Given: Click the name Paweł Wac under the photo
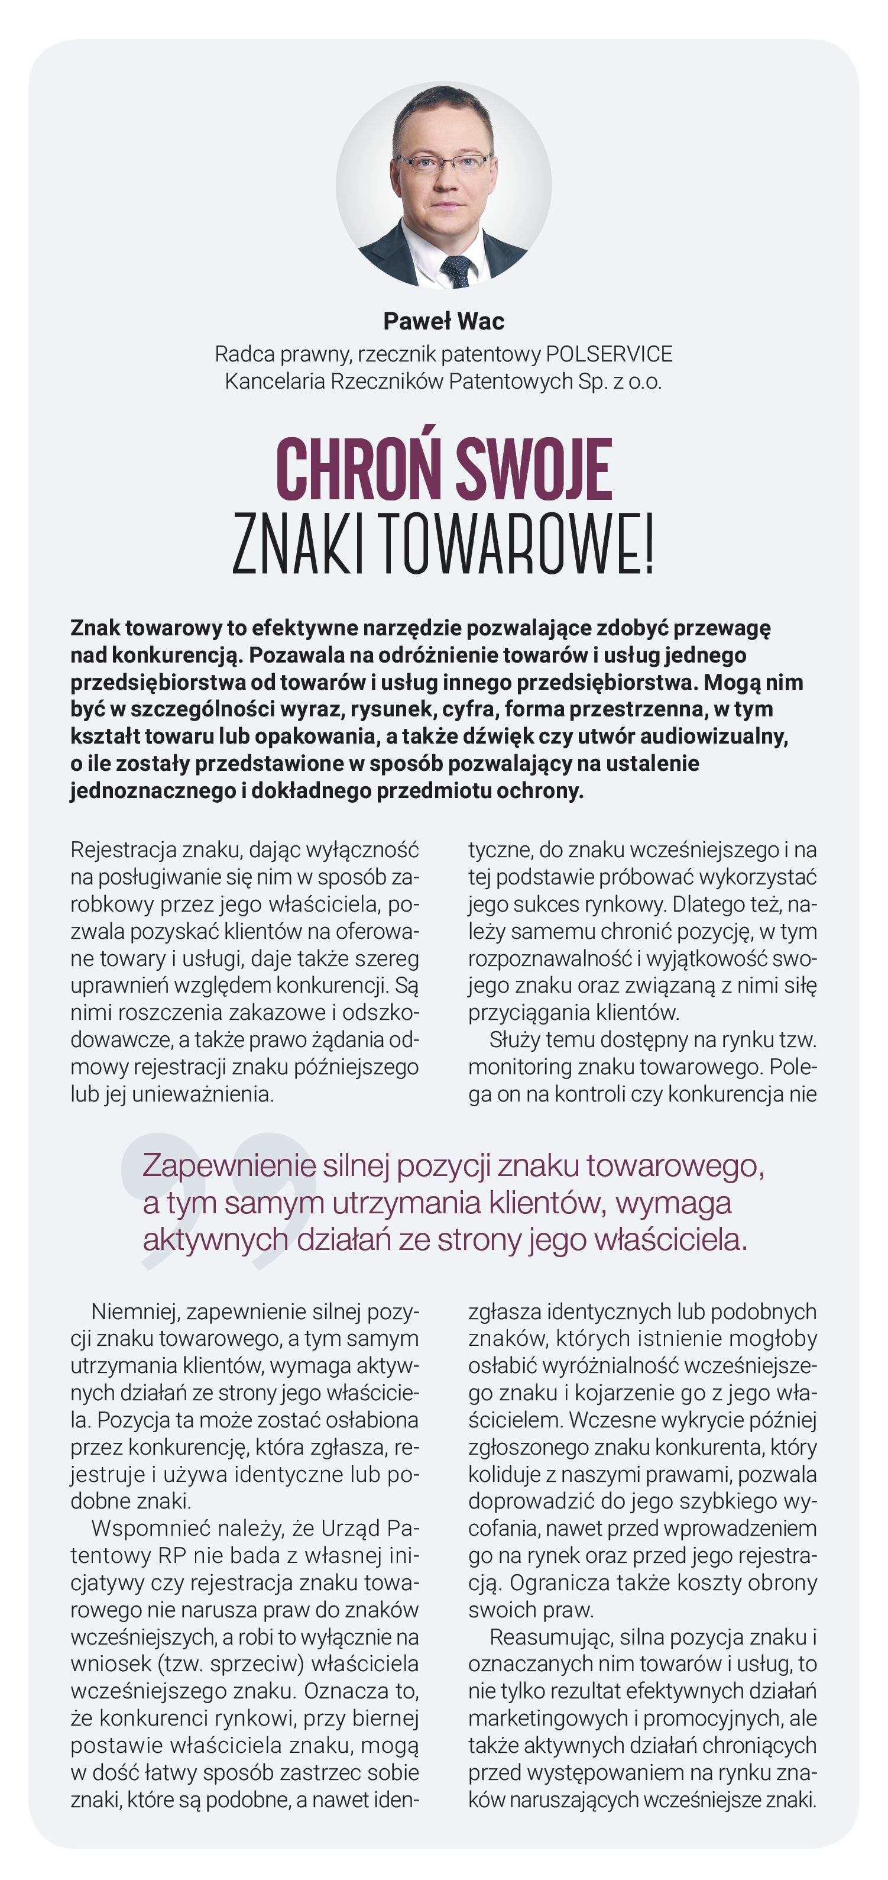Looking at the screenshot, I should click(443, 321).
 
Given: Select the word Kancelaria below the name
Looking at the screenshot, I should click(274, 381).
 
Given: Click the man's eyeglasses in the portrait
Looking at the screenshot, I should click(442, 163).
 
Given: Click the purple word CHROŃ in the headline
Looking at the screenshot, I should click(358, 471).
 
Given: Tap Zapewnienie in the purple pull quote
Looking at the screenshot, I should click(229, 1165).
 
